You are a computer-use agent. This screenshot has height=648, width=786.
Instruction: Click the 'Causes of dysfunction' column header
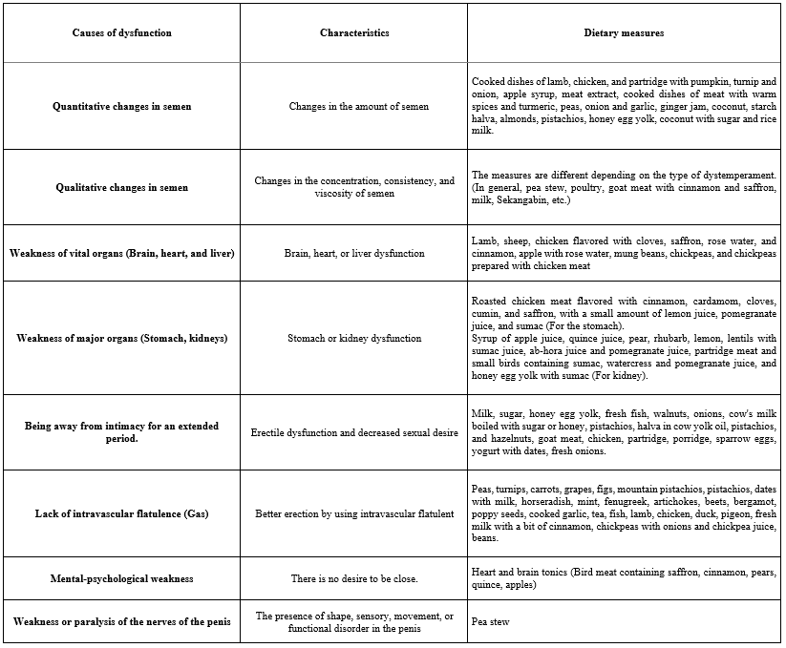[x=121, y=33]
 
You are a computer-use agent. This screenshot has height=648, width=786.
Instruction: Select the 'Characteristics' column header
[x=353, y=33]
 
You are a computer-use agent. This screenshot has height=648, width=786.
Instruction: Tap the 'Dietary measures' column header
[x=624, y=33]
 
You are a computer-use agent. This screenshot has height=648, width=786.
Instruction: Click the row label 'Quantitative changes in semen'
[x=121, y=107]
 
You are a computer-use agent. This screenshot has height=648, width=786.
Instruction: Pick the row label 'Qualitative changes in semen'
[x=121, y=188]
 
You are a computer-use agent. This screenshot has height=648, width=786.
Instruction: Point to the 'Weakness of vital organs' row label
[x=121, y=253]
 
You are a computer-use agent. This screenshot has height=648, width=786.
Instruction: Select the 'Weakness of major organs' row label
[x=121, y=338]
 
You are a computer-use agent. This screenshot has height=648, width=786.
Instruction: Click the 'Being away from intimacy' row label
[x=121, y=431]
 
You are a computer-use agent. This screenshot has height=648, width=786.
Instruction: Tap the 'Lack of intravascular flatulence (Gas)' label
[x=121, y=513]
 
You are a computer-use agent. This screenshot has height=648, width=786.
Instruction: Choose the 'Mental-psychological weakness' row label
[x=121, y=578]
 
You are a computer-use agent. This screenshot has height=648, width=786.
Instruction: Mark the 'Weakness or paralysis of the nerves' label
[x=121, y=621]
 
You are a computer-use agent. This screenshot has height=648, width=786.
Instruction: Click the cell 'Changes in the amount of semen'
[x=353, y=107]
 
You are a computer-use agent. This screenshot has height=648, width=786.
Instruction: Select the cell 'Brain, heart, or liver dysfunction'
[x=353, y=253]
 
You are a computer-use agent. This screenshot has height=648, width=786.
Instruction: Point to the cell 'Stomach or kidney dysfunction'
[x=353, y=338]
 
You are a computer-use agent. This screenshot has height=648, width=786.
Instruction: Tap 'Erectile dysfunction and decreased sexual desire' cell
[x=353, y=431]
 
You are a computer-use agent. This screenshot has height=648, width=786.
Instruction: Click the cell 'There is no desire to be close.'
[x=353, y=578]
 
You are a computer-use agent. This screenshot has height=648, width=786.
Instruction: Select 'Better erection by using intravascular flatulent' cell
[x=353, y=513]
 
